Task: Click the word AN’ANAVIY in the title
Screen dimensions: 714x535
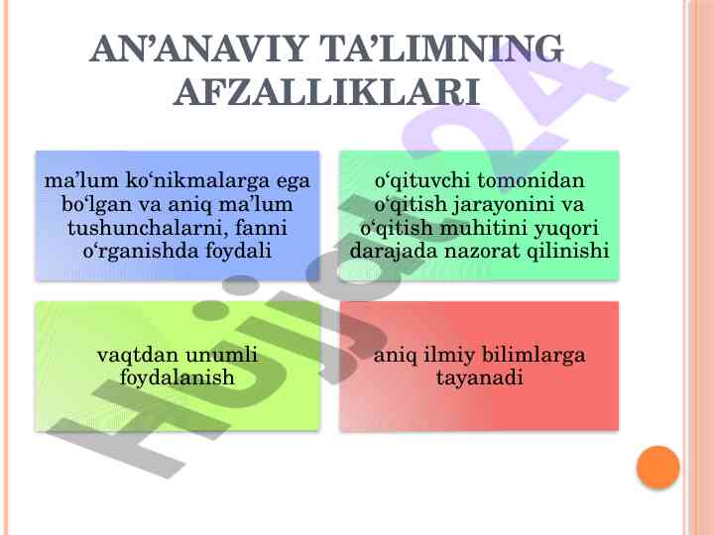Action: [197, 49]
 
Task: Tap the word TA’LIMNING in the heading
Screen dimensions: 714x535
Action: [441, 49]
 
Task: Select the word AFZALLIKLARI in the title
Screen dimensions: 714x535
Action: [326, 92]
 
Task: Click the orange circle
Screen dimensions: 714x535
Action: [658, 468]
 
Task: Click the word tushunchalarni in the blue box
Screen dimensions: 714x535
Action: [147, 228]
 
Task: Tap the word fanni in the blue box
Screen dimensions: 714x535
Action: [261, 228]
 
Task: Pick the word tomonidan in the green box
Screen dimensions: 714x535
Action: [532, 180]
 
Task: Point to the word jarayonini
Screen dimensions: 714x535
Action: [503, 205]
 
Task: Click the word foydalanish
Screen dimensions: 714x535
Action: [177, 377]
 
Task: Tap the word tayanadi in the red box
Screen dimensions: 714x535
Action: [480, 377]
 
